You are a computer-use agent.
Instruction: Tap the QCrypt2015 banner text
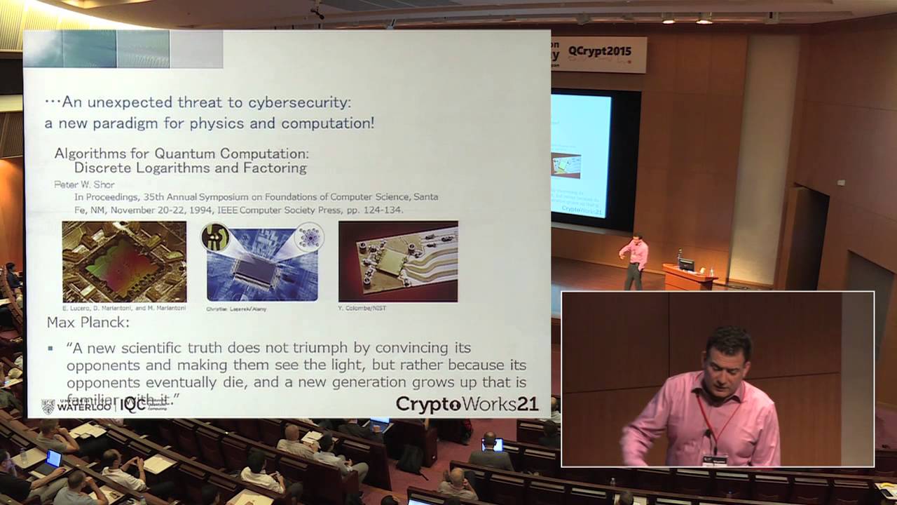click(599, 51)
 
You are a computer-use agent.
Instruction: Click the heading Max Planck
click(88, 323)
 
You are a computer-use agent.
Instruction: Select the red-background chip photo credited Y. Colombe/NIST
click(398, 261)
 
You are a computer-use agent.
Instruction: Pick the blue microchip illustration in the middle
click(262, 261)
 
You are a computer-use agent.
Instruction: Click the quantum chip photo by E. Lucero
click(124, 261)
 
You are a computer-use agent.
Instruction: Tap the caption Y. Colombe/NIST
click(363, 308)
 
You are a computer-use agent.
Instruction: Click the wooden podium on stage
click(688, 277)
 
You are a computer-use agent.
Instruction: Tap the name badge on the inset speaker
click(715, 459)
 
